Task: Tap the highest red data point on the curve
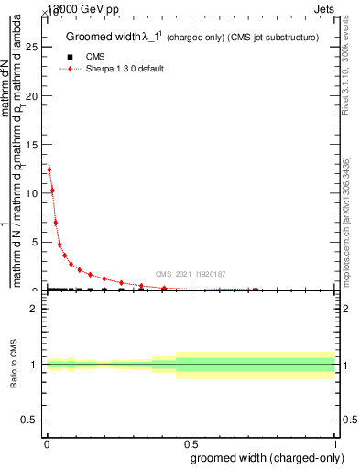coord(49,169)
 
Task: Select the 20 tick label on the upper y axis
coord(34,95)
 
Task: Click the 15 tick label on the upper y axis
coord(34,144)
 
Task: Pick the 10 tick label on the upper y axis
coord(34,193)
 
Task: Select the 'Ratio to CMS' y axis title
coord(13,365)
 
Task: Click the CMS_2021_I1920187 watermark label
coord(190,274)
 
